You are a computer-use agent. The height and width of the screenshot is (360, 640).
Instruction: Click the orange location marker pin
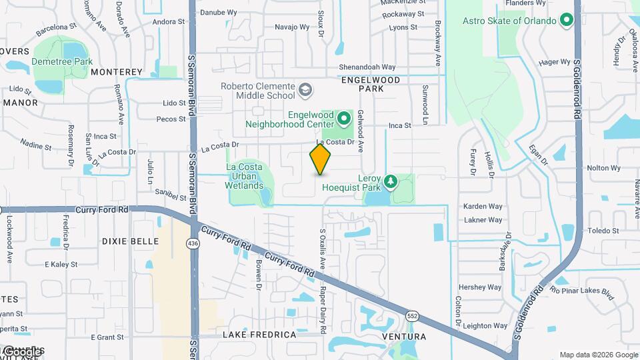[320, 159]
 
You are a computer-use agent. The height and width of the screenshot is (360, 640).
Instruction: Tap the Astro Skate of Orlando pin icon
[567, 21]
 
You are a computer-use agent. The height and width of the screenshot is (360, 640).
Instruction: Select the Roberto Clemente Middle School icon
[305, 89]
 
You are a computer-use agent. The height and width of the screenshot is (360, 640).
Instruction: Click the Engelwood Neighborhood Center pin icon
[344, 119]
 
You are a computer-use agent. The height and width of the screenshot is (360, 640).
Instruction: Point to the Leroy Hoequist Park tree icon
[391, 181]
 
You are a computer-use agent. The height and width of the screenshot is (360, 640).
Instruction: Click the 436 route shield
[193, 244]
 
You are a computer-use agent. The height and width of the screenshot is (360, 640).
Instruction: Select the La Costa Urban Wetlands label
[245, 176]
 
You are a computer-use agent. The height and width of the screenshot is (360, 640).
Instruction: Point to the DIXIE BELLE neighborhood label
[130, 241]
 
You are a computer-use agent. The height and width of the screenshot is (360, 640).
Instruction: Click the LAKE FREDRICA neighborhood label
[259, 334]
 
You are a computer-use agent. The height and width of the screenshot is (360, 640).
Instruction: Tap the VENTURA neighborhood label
[403, 337]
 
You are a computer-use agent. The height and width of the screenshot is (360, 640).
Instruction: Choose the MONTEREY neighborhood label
[117, 71]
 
